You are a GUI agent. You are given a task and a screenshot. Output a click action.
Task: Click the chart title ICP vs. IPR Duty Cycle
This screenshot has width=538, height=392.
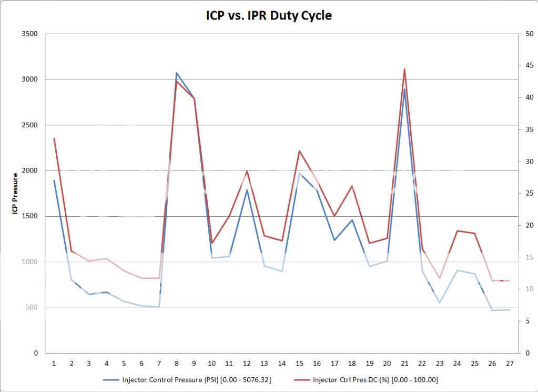pyautogui.click(x=269, y=16)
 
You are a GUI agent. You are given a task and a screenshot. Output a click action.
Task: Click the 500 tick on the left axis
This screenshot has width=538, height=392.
pyautogui.click(x=33, y=307)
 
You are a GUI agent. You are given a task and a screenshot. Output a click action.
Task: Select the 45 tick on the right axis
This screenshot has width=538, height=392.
pyautogui.click(x=528, y=66)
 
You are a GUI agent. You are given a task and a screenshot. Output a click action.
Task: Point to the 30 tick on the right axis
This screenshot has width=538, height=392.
pyautogui.click(x=528, y=162)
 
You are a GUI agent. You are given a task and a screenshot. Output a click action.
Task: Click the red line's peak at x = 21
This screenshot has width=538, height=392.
pyautogui.click(x=404, y=69)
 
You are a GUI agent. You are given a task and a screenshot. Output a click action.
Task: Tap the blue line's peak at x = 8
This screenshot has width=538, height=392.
pyautogui.click(x=177, y=73)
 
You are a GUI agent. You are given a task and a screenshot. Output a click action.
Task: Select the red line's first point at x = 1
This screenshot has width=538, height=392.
pyautogui.click(x=54, y=138)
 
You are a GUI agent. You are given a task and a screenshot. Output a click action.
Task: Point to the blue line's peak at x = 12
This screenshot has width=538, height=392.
pyautogui.click(x=247, y=190)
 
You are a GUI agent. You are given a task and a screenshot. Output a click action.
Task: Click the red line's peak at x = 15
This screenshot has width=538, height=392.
pyautogui.click(x=299, y=151)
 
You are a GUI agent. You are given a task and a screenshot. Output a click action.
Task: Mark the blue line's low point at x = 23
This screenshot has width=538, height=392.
pyautogui.click(x=440, y=303)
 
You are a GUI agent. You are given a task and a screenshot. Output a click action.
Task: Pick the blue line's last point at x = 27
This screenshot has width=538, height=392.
pyautogui.click(x=510, y=309)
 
